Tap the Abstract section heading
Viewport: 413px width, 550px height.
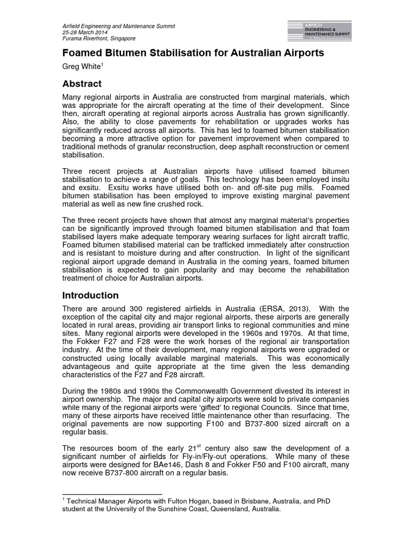tap(82, 84)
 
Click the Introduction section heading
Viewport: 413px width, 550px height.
tap(90, 295)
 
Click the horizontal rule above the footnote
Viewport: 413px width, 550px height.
tap(112, 494)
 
